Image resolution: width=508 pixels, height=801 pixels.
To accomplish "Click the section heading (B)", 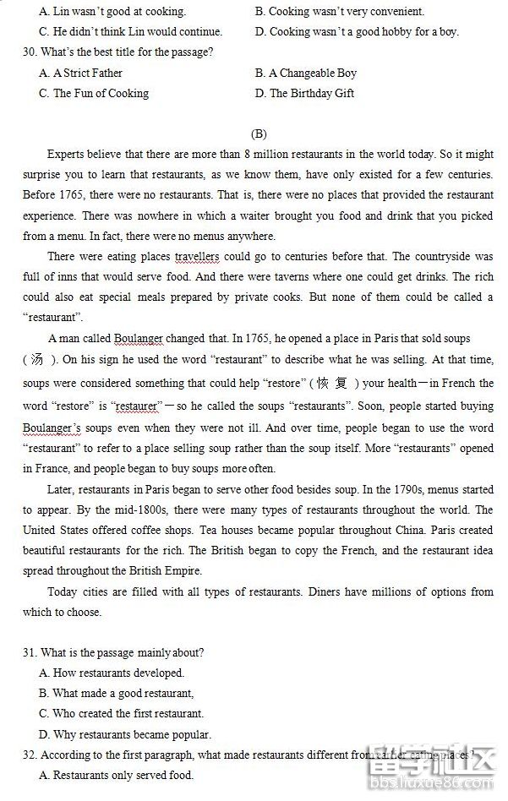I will (x=259, y=133).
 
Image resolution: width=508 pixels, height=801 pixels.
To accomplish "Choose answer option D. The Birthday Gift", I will (x=305, y=94).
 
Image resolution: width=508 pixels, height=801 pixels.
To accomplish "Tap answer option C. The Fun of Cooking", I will (x=94, y=94).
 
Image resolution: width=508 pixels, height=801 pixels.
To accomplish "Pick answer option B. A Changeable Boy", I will (x=306, y=74).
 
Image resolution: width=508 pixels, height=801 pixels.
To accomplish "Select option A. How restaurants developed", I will (x=112, y=673).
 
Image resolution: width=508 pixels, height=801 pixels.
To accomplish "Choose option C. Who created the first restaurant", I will (x=122, y=714).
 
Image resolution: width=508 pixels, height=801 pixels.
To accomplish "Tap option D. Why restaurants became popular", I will (x=125, y=734).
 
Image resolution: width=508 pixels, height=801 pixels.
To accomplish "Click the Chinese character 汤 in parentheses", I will (x=37, y=359).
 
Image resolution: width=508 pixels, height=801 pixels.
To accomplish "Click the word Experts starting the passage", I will (x=67, y=155).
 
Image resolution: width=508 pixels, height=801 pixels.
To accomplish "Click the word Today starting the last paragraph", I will (x=63, y=591).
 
